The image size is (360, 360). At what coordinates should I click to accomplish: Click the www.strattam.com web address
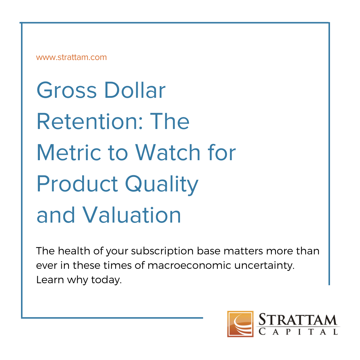click(71, 57)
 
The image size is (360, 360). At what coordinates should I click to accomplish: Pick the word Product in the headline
click(77, 184)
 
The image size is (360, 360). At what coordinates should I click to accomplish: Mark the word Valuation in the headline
click(132, 215)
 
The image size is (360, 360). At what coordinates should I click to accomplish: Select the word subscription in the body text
click(162, 251)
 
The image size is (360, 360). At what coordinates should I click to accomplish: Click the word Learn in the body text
click(50, 280)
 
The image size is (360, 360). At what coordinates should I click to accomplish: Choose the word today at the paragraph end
click(106, 280)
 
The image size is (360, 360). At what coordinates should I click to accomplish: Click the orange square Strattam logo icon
click(240, 324)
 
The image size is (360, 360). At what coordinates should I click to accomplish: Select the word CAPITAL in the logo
click(298, 332)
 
